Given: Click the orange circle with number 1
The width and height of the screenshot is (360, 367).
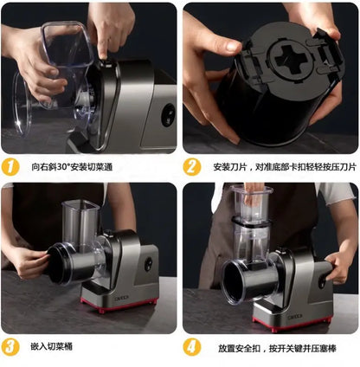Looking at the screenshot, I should coord(11,166).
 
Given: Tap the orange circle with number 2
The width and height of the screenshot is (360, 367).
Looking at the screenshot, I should coord(192,166).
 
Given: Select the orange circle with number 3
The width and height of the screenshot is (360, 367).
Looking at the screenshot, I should coord(11,347).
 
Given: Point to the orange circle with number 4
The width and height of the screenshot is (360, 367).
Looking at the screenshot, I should coord(192,347).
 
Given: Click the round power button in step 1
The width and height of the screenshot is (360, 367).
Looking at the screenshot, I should coord(166,115).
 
